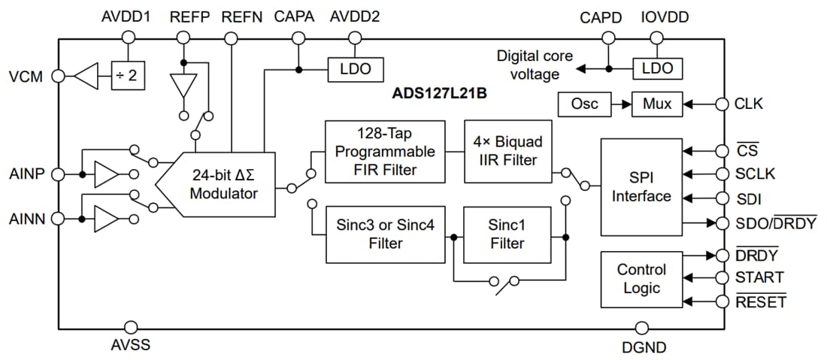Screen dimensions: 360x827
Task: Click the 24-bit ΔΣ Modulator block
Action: pos(223,185)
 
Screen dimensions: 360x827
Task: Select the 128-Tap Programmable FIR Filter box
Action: pos(385,150)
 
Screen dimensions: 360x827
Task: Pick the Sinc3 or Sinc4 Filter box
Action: pos(385,234)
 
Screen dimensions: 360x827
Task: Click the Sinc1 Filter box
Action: pos(507,234)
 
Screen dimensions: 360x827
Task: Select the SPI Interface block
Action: pos(641,186)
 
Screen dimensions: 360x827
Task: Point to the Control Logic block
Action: pos(641,279)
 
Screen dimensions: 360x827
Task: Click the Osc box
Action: pos(584,104)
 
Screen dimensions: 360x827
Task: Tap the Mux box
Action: pos(656,104)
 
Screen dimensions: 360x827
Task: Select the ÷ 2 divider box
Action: pos(127,76)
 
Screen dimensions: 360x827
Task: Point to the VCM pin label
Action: pos(26,77)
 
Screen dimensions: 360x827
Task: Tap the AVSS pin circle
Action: pos(131,328)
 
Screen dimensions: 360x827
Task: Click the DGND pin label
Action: pos(643,347)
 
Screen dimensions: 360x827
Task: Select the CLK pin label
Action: pos(749,104)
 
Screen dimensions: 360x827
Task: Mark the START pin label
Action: pos(759,278)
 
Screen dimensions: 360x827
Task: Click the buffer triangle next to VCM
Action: pos(89,76)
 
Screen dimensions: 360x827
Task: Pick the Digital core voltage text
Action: pos(535,65)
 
